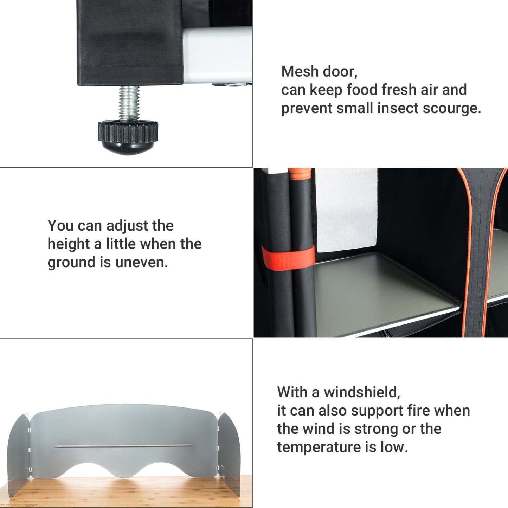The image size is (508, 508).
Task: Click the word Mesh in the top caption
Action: coord(300,71)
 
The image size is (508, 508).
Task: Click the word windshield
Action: coord(362,392)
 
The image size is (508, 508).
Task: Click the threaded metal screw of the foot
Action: coord(129,103)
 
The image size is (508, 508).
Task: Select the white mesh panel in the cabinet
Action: coord(346,210)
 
